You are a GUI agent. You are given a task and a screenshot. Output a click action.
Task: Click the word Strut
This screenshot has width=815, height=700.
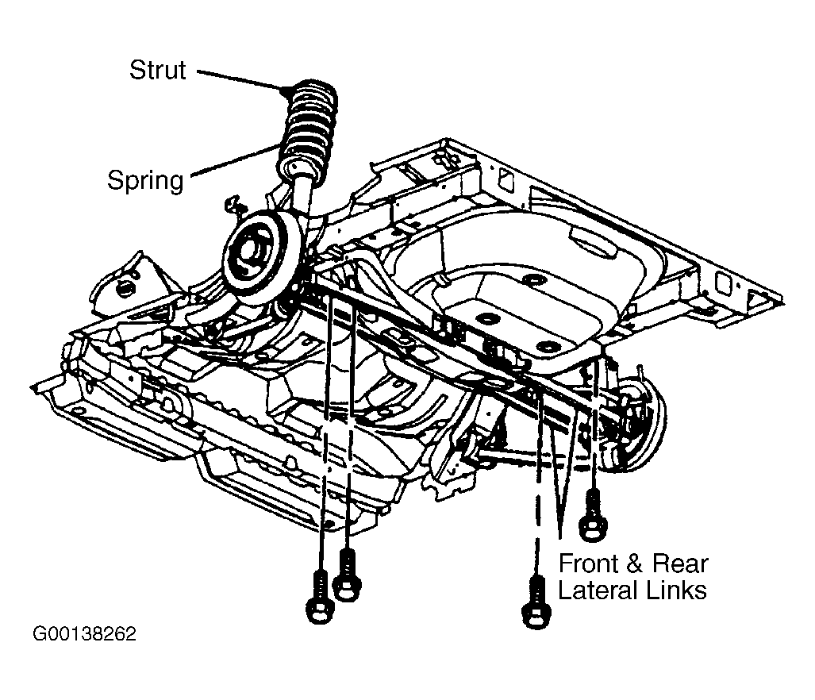(158, 70)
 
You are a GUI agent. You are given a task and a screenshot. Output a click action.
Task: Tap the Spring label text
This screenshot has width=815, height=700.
(145, 180)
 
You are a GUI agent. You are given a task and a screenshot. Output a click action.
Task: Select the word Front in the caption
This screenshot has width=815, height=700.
(588, 564)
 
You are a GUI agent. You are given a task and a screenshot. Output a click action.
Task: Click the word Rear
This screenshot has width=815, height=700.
(679, 564)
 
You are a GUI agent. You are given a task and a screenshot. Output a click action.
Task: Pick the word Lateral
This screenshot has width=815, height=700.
(595, 590)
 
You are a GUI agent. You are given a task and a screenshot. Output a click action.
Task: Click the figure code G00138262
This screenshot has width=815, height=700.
(84, 635)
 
